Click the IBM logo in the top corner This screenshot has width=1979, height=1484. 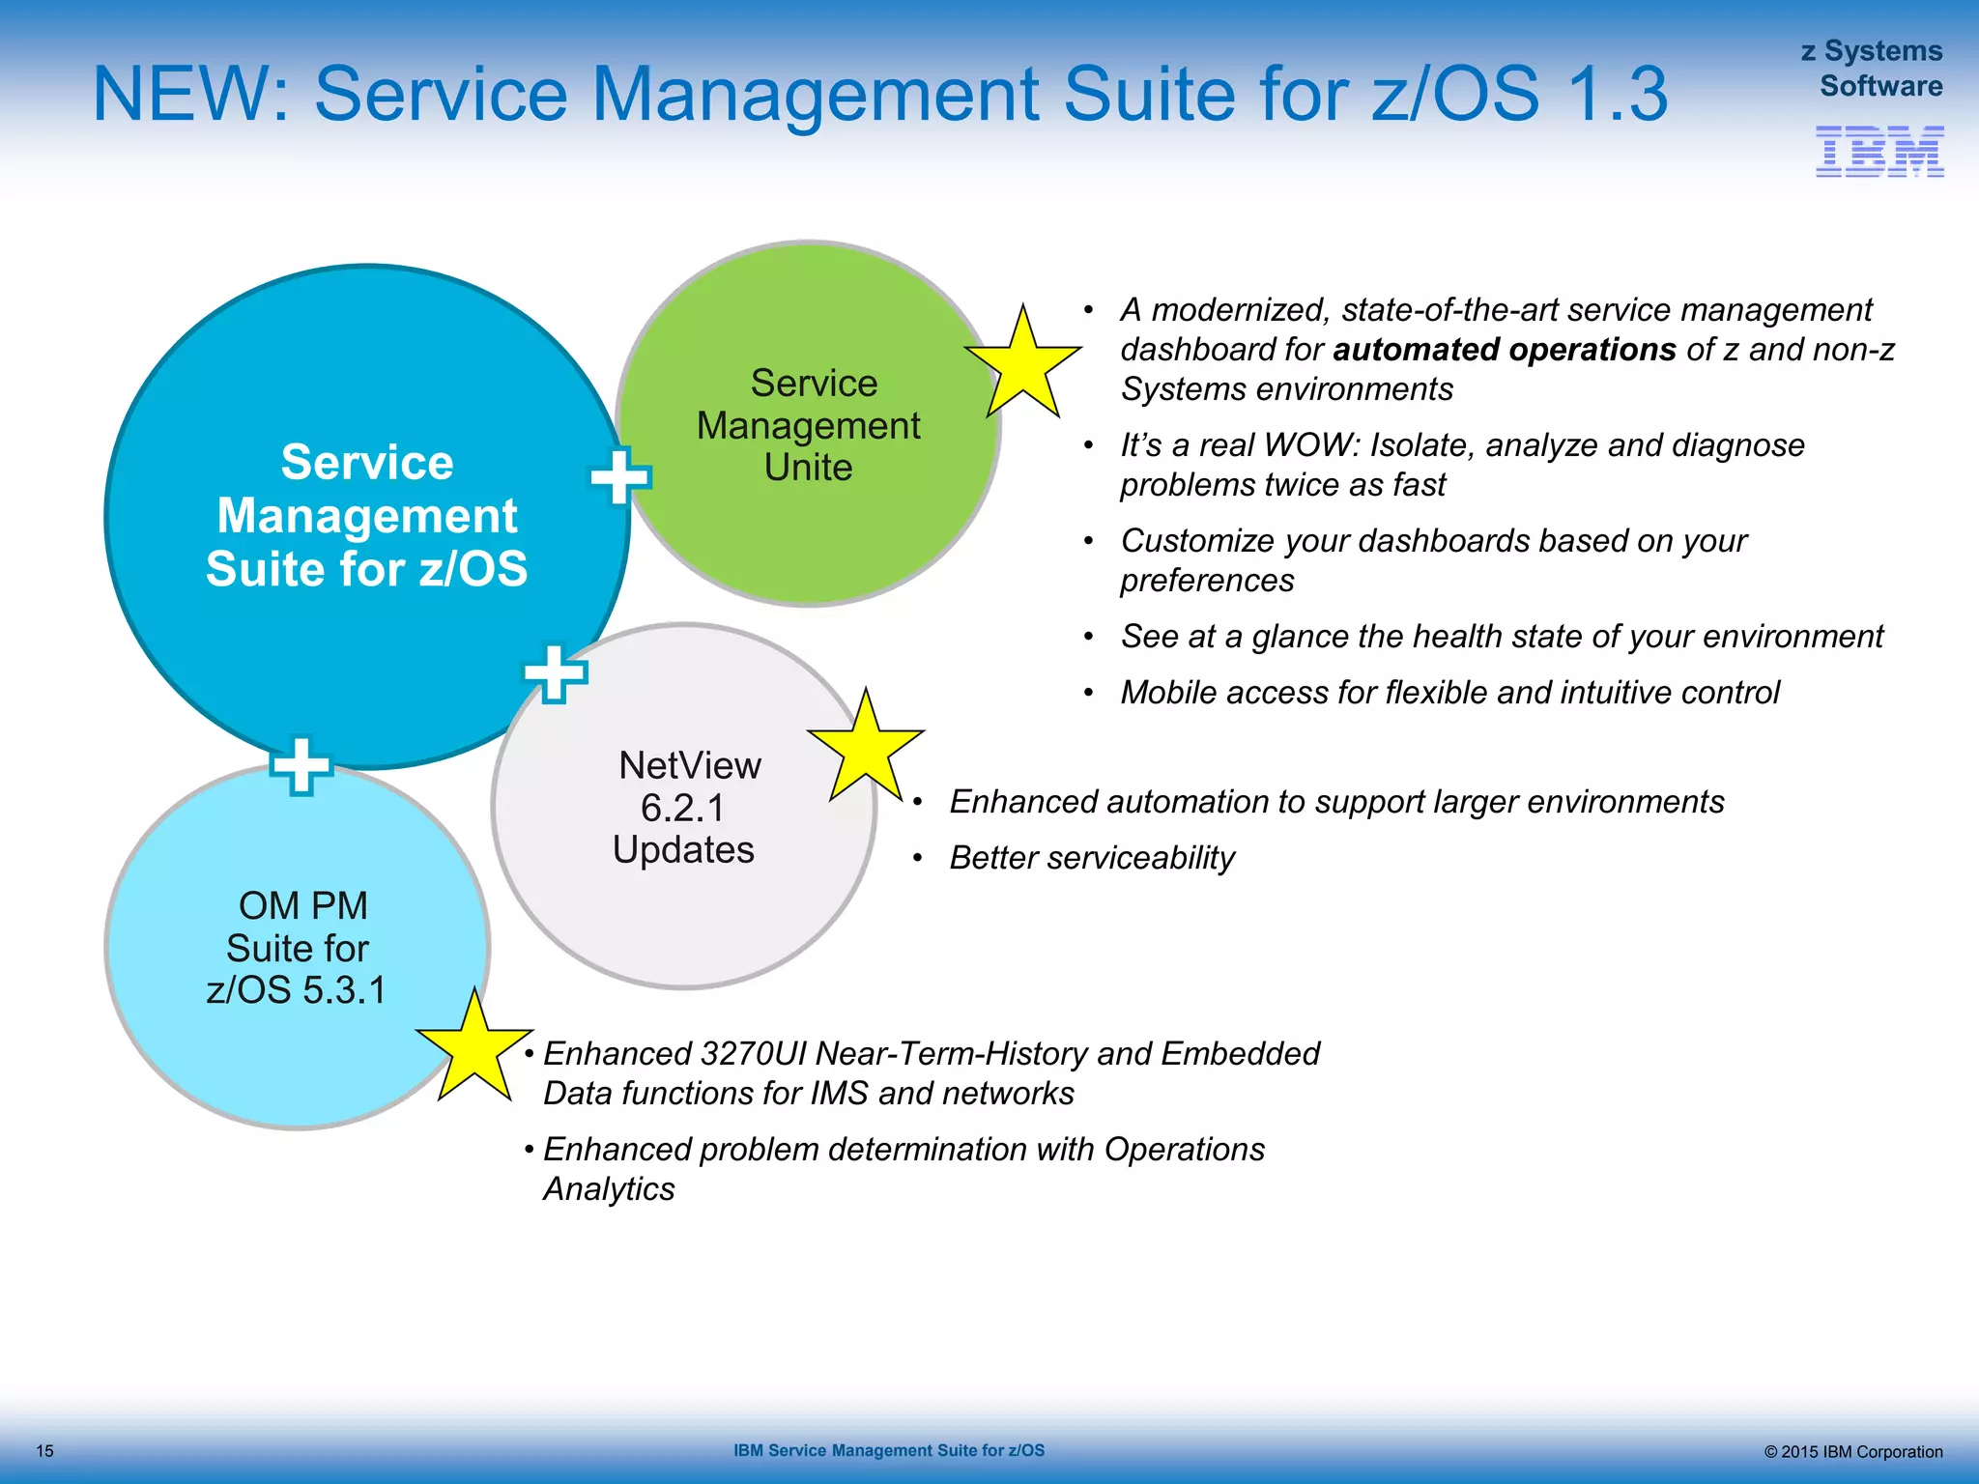1879,152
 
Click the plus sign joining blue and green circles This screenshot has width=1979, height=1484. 619,475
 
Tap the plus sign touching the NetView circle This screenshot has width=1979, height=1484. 555,673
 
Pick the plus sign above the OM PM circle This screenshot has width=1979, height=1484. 301,766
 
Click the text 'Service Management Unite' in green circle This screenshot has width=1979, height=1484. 809,425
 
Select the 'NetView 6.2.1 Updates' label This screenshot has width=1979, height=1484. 686,808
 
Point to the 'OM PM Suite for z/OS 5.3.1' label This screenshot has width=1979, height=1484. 298,948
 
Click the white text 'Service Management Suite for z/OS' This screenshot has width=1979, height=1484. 367,515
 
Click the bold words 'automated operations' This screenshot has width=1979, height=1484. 1505,349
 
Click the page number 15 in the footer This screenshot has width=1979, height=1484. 44,1451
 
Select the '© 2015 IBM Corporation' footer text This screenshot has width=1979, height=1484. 1852,1452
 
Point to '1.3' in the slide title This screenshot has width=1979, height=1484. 1617,94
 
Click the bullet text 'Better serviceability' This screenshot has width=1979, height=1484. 1092,858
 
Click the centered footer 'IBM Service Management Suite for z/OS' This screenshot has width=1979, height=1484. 888,1450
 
